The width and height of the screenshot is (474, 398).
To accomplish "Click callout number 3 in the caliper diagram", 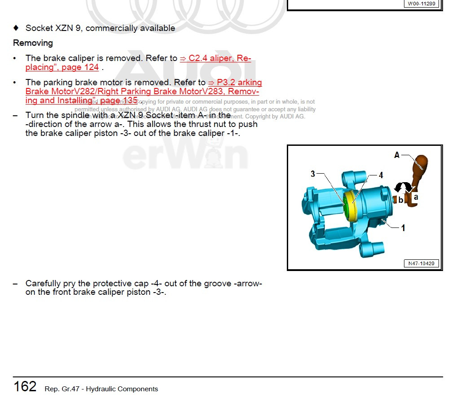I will click(313, 174).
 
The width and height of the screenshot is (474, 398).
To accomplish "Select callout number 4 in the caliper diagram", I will click(381, 175).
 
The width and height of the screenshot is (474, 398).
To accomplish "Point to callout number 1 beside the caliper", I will click(403, 228).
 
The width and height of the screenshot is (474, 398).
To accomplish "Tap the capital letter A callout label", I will click(397, 155).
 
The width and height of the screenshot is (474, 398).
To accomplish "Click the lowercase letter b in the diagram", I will click(401, 200).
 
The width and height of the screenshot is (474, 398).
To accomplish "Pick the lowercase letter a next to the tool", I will click(416, 197).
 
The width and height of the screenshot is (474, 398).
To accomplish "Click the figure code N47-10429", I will click(421, 263).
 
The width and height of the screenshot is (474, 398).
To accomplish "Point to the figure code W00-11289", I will click(421, 4).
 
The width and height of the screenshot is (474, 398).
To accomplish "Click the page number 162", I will click(25, 386).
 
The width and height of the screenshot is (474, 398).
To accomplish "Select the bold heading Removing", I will click(33, 43).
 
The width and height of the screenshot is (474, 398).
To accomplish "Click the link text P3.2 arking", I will click(235, 83).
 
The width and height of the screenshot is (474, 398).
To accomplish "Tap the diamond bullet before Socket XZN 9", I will click(16, 28).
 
